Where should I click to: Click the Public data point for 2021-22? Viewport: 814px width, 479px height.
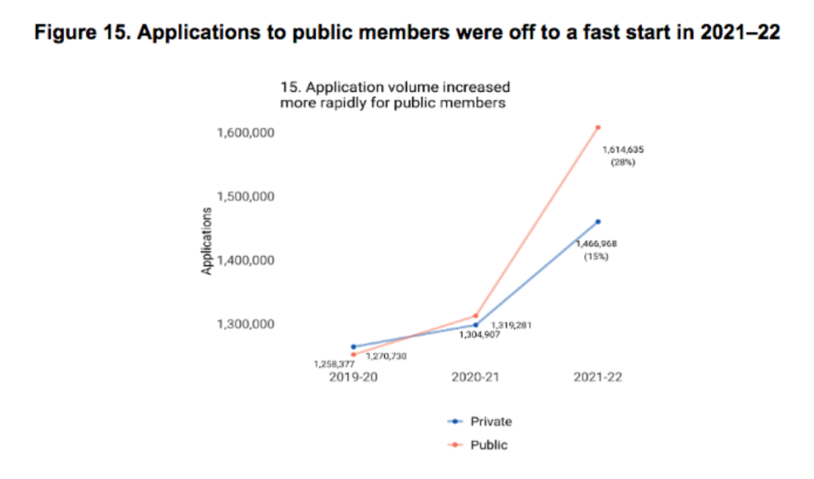(598, 127)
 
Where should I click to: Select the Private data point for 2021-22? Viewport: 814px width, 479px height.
(598, 221)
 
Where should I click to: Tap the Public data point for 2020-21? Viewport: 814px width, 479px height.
(476, 316)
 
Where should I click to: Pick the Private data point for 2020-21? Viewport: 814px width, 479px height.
(476, 325)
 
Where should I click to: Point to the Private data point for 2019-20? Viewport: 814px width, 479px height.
(353, 346)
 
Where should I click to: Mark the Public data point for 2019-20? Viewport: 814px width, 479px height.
(353, 355)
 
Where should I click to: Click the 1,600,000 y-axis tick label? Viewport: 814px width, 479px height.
(245, 133)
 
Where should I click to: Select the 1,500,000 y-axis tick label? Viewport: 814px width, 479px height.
(245, 197)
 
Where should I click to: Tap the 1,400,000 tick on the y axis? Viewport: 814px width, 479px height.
(245, 261)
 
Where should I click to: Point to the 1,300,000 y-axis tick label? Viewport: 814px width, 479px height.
(245, 325)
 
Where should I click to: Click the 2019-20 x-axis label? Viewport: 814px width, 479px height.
(353, 377)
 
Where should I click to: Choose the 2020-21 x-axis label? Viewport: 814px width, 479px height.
(476, 377)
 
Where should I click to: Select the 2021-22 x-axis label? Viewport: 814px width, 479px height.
(598, 377)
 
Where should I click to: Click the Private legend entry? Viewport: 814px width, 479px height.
(490, 422)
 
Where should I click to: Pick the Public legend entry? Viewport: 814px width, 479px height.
(488, 445)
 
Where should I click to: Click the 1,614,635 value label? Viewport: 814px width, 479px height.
(623, 150)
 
